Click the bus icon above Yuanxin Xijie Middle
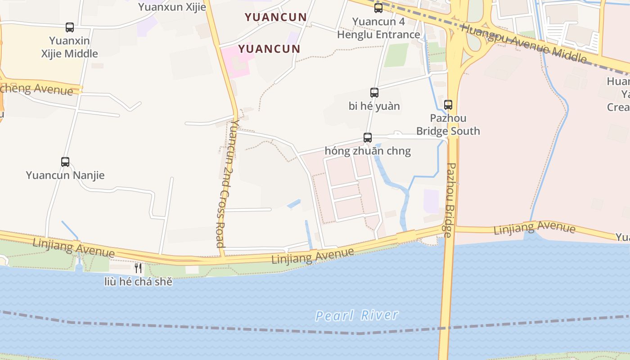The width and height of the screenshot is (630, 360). tap(70, 27)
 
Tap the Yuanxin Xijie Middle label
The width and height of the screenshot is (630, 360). tap(70, 47)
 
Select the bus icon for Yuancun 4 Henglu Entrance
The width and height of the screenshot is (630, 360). tap(378, 8)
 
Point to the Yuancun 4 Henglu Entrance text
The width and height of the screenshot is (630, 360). tap(378, 28)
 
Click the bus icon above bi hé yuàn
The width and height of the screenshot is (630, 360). tap(374, 93)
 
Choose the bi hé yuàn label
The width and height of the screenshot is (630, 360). tap(374, 106)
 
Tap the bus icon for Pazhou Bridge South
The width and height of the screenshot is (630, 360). tap(448, 105)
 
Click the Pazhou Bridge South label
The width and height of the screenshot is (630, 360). tap(448, 125)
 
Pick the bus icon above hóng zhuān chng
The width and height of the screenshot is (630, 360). tap(368, 138)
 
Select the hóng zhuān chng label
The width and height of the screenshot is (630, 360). tap(368, 151)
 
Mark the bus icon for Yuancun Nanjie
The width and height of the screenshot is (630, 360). tap(65, 162)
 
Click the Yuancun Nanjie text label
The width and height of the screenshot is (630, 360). tap(65, 175)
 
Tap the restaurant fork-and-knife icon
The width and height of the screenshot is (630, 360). tap(138, 268)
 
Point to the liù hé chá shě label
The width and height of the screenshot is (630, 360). tap(138, 282)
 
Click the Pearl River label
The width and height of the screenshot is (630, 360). tap(356, 315)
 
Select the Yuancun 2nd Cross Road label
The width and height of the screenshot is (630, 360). tap(226, 184)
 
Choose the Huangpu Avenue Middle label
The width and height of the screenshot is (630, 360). tap(524, 44)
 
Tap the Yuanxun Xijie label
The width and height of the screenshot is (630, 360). tap(172, 7)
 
